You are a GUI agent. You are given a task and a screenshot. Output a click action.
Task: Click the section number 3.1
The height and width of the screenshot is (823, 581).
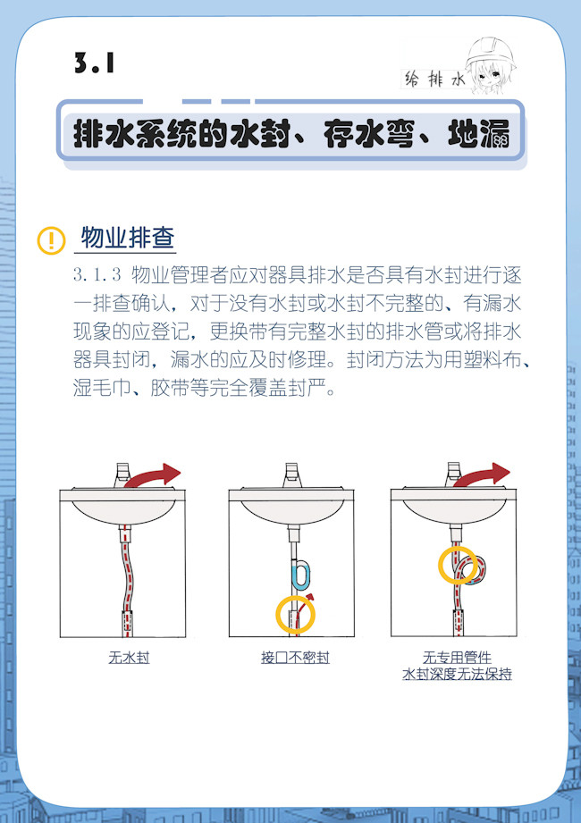point(95,63)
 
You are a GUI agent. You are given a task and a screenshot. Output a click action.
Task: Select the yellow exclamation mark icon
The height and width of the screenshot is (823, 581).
point(52,240)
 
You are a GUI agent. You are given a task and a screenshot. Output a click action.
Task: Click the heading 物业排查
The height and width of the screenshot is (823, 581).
point(128,239)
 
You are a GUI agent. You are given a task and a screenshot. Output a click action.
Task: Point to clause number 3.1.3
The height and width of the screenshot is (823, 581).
point(97,275)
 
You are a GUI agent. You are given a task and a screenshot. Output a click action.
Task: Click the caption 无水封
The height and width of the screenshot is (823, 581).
point(129,658)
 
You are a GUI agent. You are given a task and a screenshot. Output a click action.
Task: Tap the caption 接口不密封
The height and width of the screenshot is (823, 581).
point(295,658)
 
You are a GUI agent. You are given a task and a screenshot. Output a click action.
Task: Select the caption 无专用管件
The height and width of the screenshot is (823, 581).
point(457,657)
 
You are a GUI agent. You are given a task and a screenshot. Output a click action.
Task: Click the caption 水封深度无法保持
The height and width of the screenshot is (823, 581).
point(457,674)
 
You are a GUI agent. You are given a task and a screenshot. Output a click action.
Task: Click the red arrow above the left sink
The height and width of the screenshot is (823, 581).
point(153,475)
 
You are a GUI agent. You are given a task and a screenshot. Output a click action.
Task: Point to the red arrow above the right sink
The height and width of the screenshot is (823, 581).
point(481,475)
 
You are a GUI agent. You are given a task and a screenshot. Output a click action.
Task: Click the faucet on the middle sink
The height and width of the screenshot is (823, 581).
point(291,475)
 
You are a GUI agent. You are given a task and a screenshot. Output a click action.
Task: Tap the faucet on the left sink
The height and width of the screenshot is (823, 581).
point(122,475)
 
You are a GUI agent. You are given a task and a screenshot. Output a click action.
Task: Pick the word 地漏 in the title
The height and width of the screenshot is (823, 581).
point(478,135)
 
